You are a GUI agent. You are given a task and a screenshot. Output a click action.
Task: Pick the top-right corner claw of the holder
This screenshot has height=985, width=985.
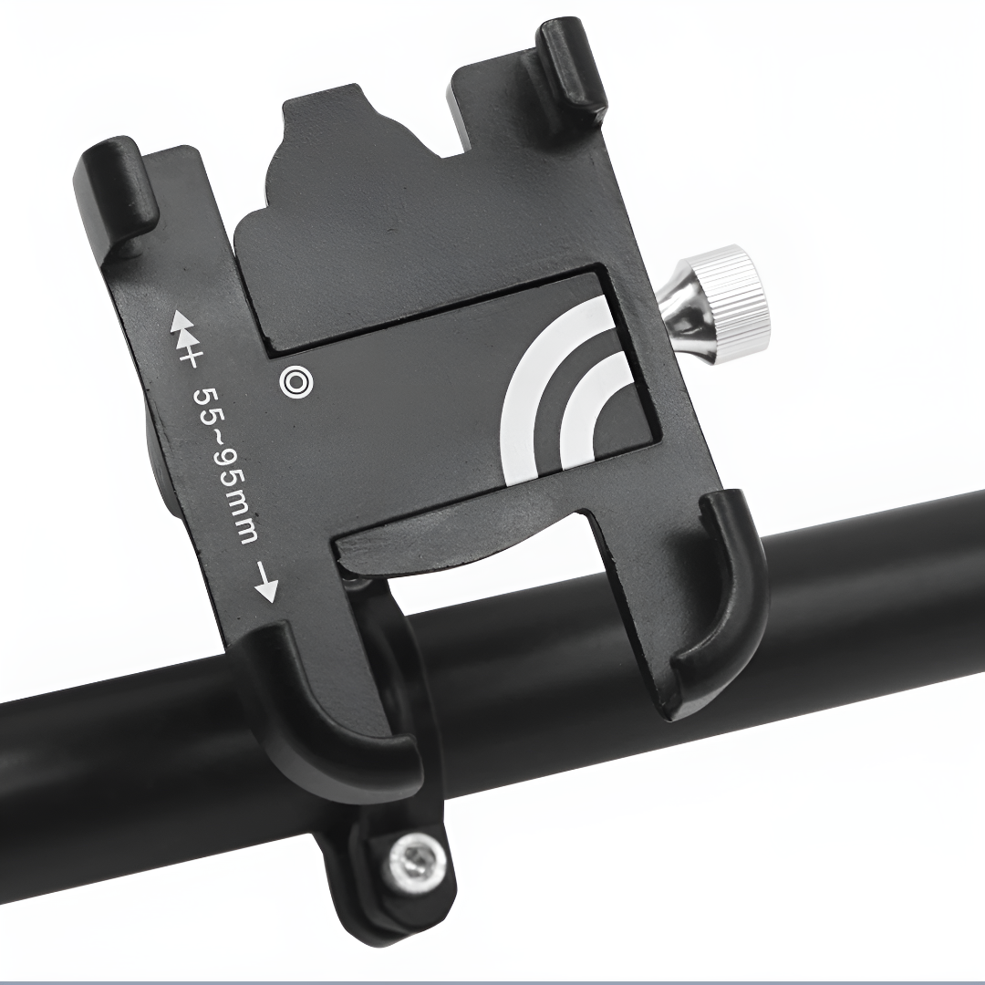(571, 68)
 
